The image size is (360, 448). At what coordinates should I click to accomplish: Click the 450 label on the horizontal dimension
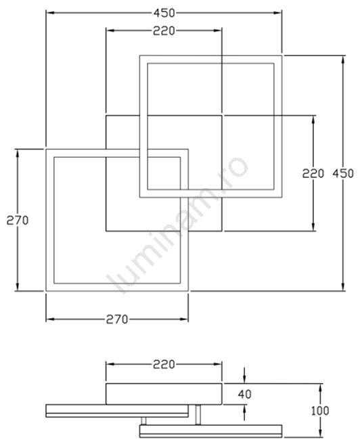tap(164, 13)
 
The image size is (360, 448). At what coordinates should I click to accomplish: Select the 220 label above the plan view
tap(164, 31)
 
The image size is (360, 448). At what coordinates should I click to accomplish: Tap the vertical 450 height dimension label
tap(343, 173)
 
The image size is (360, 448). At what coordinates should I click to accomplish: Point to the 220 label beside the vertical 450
tap(313, 173)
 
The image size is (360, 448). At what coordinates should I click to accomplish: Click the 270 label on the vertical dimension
tap(18, 221)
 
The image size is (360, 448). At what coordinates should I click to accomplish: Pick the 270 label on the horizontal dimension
tap(117, 319)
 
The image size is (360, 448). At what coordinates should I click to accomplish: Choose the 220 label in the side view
tap(164, 364)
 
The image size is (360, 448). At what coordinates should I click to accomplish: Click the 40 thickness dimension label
tap(244, 395)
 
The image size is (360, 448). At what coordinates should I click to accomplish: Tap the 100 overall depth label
tap(320, 411)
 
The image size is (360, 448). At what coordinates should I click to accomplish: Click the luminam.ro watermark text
tap(177, 226)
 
